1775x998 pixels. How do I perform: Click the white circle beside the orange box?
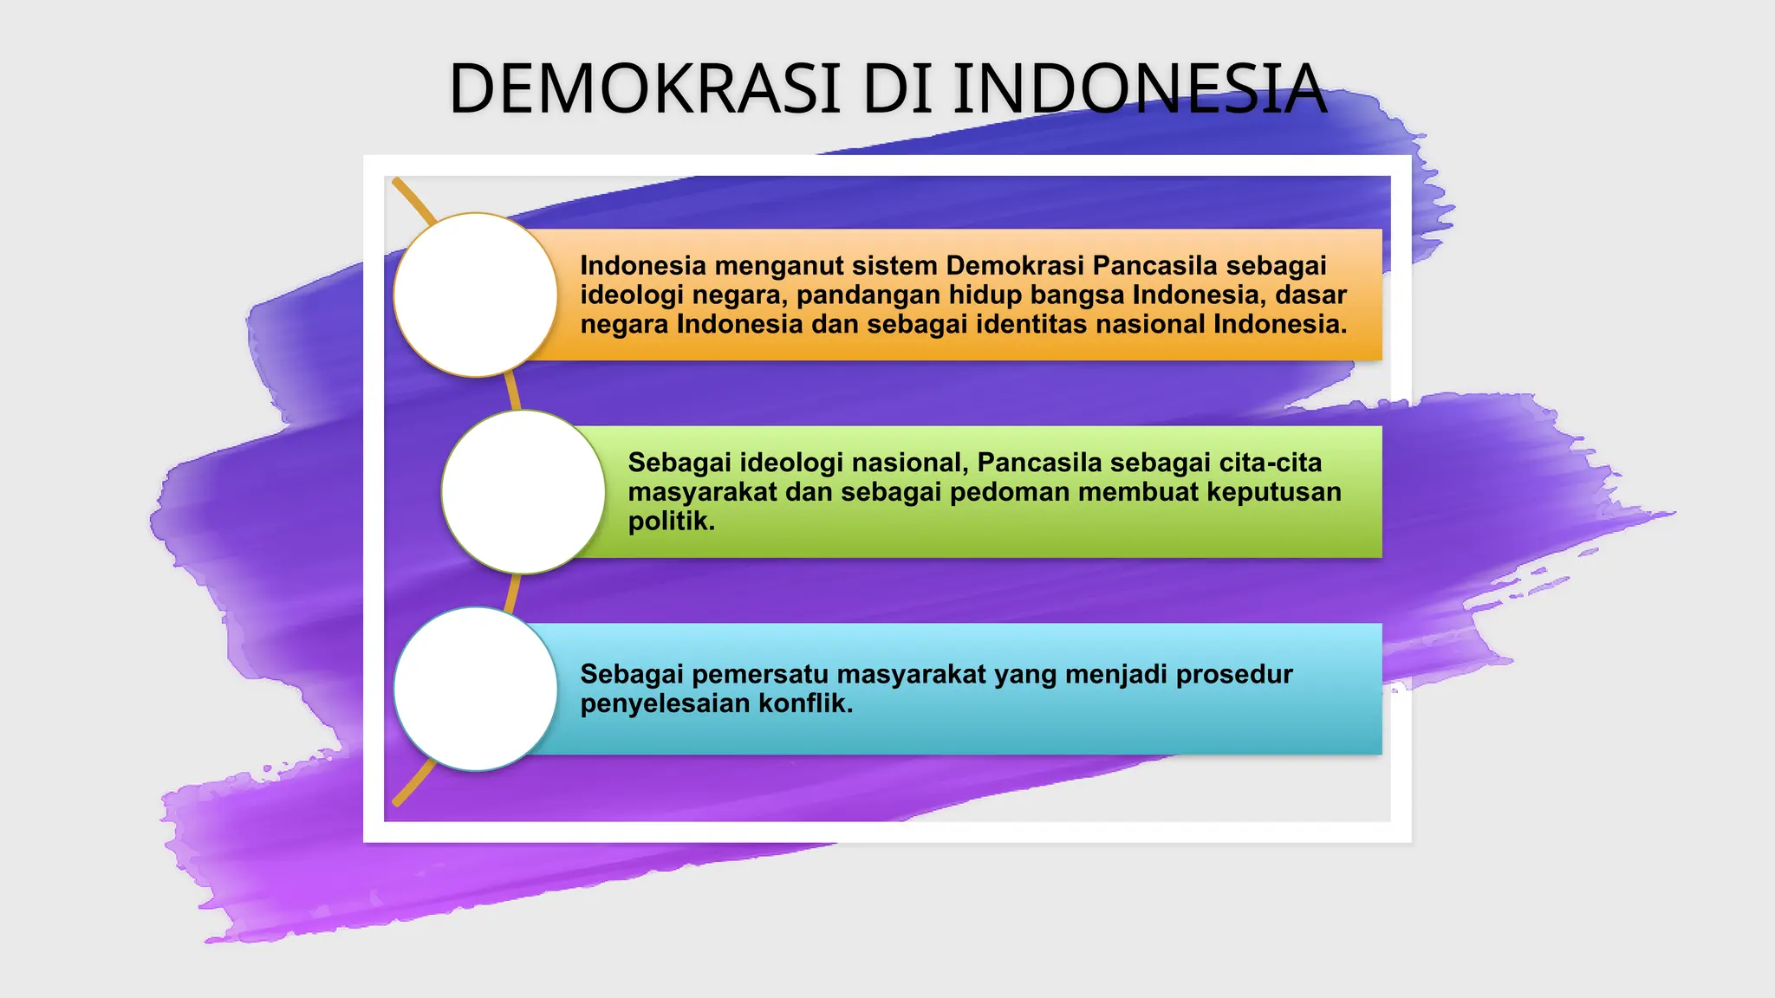point(475,295)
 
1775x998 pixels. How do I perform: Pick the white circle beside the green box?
point(523,491)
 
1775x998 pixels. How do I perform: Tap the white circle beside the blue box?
point(475,689)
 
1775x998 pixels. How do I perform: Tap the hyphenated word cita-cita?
point(1271,463)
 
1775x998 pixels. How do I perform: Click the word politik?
point(671,522)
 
